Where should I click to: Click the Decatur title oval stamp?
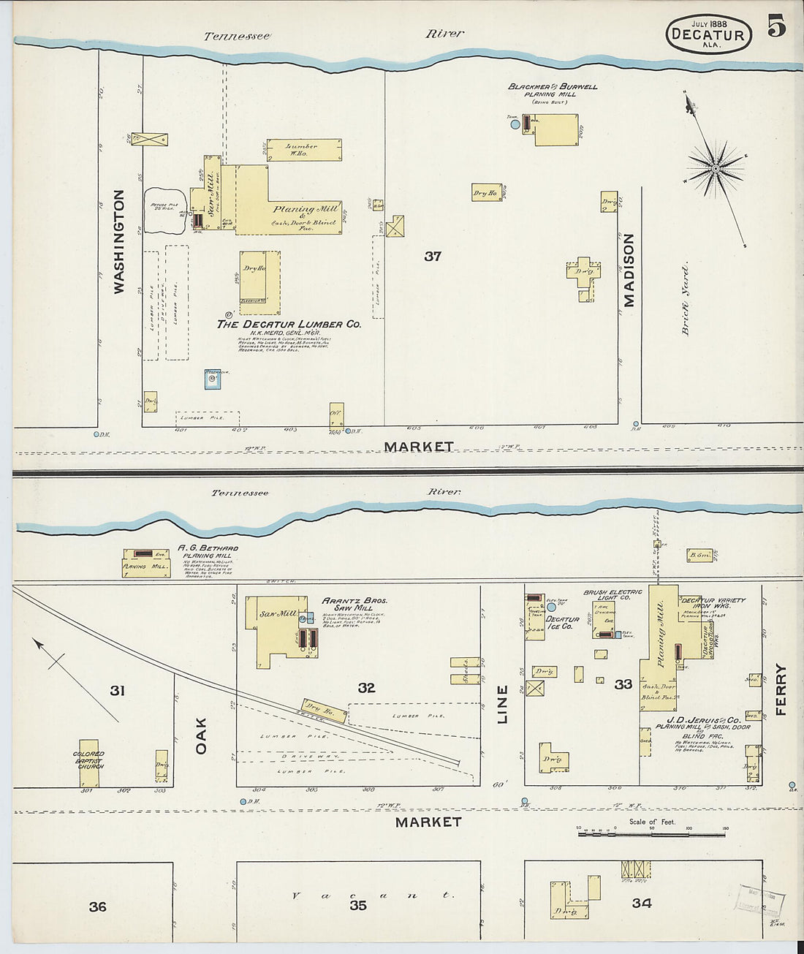tap(708, 34)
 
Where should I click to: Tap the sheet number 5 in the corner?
tap(776, 26)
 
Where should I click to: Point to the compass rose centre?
tap(716, 170)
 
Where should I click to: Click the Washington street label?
tap(118, 241)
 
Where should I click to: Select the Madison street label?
tap(629, 270)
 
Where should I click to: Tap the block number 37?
tap(433, 256)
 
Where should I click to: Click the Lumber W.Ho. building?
tap(303, 150)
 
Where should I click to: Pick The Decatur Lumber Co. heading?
tap(289, 324)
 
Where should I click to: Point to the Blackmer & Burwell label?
tap(553, 86)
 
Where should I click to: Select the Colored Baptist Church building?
tap(88, 762)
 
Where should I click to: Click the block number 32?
tap(366, 687)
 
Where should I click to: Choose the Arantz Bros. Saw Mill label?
tap(354, 604)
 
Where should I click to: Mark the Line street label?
tap(502, 705)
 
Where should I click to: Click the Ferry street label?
tap(781, 689)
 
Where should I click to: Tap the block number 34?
tap(641, 904)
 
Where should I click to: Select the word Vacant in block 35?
tap(373, 896)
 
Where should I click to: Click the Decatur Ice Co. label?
tap(563, 623)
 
